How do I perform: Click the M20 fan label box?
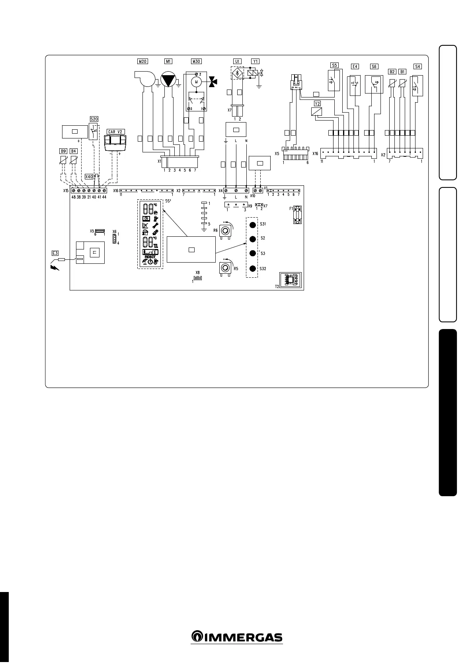coord(142,61)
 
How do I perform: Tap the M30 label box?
coord(196,61)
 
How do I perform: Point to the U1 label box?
coord(237,61)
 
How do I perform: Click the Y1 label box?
coord(255,61)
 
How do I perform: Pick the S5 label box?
coord(334,65)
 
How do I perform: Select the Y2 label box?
coord(317,103)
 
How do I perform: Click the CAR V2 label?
coord(116,132)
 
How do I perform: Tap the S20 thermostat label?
coord(94,119)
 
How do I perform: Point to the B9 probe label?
coord(63,151)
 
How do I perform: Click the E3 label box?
coord(55,253)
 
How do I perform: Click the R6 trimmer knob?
coord(225,231)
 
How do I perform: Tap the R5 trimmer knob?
coord(225,269)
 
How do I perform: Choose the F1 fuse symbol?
coord(297,214)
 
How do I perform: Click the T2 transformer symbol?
coord(291,280)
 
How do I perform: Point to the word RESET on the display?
coord(150,257)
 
